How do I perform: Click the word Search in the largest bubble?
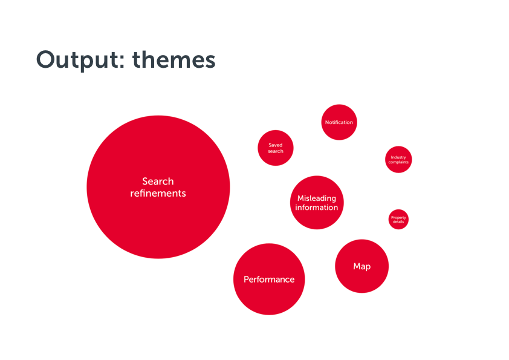158,181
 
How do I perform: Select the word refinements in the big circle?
158,194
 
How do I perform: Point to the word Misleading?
317,198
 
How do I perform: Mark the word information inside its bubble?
317,208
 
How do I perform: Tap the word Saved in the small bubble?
276,145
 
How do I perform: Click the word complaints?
398,162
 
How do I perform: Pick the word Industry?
398,157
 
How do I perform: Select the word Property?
398,217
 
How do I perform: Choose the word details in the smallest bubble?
398,221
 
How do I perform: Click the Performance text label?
269,280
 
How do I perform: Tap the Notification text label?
339,122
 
